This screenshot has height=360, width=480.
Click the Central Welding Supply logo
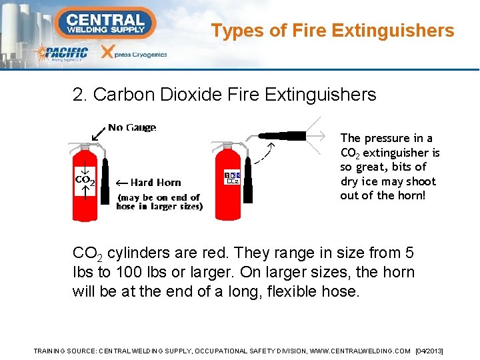(x=105, y=23)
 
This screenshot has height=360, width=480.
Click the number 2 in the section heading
(x=78, y=95)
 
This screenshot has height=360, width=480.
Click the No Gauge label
(x=132, y=127)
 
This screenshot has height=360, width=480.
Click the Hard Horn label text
(x=155, y=182)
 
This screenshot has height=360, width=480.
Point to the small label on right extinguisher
(x=232, y=177)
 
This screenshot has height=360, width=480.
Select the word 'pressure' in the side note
(x=386, y=138)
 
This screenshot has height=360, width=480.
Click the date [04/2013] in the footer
(x=429, y=351)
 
